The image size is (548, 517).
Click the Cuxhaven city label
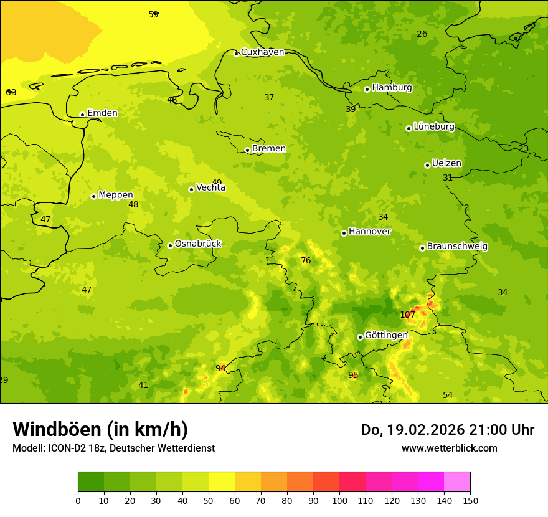[262, 52]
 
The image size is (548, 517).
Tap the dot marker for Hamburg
[367, 89]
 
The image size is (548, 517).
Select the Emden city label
[102, 113]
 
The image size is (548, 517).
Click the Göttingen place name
[386, 335]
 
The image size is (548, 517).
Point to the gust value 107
[407, 315]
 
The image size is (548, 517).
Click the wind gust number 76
[306, 261]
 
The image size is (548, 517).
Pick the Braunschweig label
[457, 247]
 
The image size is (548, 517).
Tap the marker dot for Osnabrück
[170, 245]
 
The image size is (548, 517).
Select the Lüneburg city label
[433, 126]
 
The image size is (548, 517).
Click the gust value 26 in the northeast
[422, 34]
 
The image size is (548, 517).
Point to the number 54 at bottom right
[448, 396]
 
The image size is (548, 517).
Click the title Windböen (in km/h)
[100, 429]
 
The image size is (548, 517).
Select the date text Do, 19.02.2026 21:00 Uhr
[448, 430]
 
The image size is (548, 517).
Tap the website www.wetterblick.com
[449, 448]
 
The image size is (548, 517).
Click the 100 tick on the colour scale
[339, 500]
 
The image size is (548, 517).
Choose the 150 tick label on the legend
[470, 500]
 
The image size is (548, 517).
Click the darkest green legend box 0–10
[91, 482]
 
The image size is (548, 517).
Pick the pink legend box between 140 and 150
[457, 482]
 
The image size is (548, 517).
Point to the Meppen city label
[116, 195]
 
